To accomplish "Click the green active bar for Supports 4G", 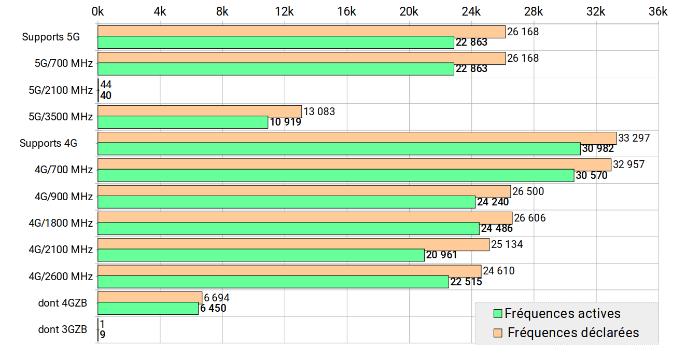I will point(339,149).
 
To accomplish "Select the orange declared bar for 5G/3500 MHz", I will point(200,112).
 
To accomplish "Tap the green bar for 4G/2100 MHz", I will point(261,255).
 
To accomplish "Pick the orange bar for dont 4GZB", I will point(150,297).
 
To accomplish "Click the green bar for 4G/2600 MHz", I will point(273,282).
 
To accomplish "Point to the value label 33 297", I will point(634,138).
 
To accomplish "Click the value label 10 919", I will point(285,122).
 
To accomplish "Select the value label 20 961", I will point(441,255).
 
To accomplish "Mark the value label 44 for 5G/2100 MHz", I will point(106,85).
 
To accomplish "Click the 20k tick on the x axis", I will point(409,12).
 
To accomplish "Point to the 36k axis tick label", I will point(657,12).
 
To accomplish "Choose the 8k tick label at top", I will point(222,12).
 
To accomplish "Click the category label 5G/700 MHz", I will point(64,64).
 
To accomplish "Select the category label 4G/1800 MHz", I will point(61,223).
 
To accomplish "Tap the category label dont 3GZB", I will point(63,329).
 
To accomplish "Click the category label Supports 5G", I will point(51,37).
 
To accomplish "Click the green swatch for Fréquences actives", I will point(498,314).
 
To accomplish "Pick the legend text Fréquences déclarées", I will point(573,333).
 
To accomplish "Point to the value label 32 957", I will point(628,164).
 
